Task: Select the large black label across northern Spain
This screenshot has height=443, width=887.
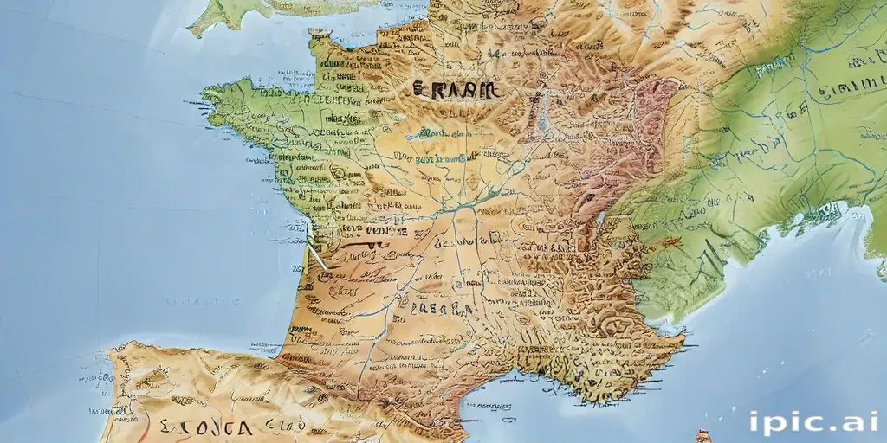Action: pyautogui.click(x=205, y=427)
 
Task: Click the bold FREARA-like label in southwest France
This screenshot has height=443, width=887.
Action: pyautogui.click(x=441, y=309)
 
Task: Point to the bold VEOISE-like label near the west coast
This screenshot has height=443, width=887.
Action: pyautogui.click(x=374, y=232)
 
